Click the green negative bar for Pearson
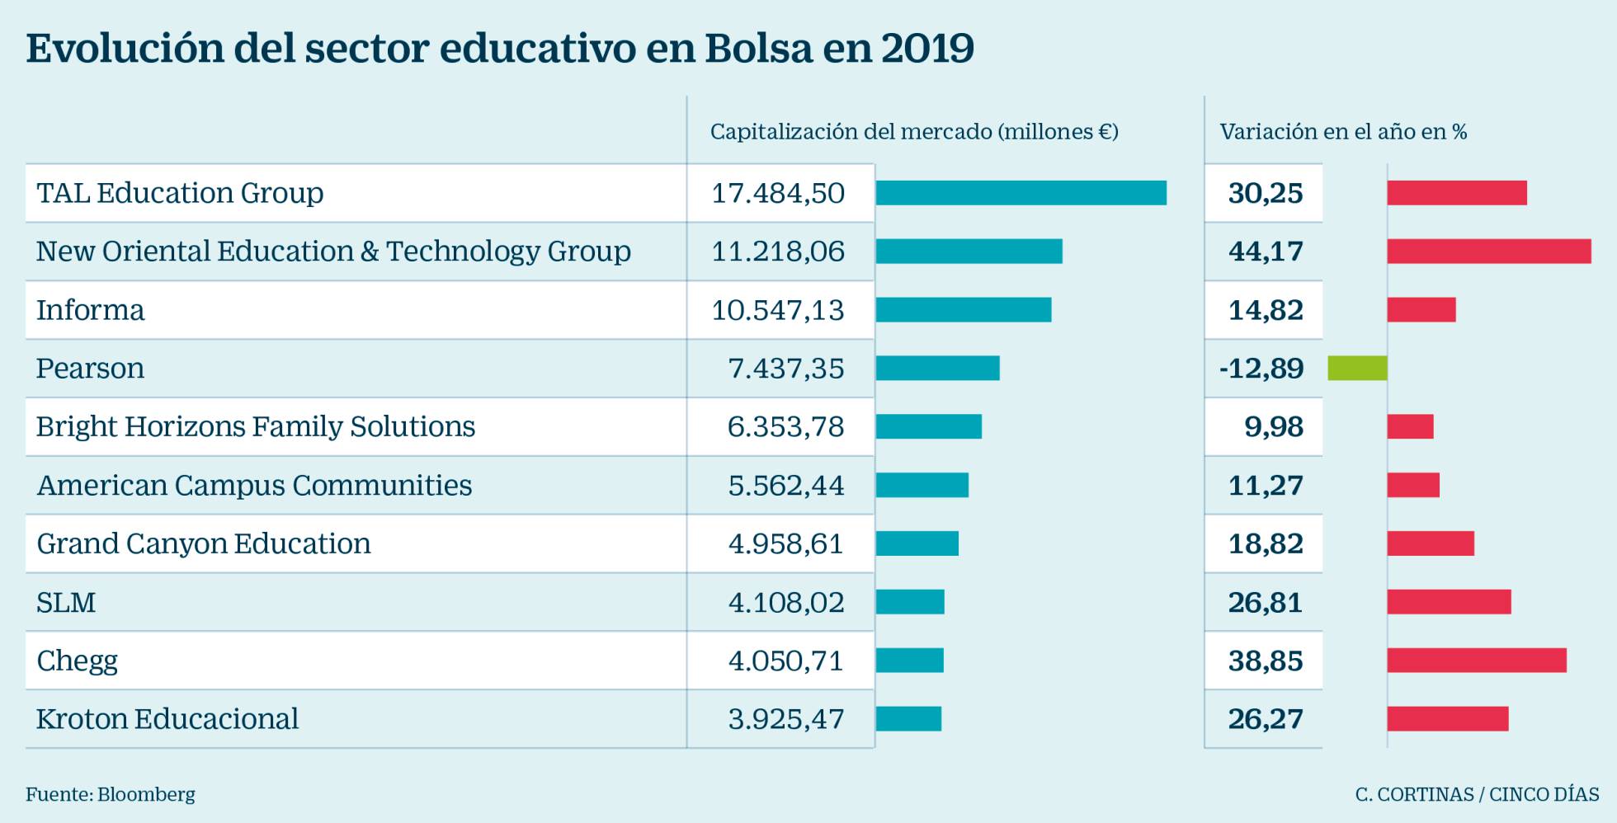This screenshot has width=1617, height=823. coord(1357,368)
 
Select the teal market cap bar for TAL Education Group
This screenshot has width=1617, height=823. coord(1021,193)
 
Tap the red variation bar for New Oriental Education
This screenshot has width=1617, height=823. coord(1488,251)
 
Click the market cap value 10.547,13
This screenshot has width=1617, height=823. coord(778,310)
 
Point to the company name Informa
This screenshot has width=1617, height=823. coord(91,310)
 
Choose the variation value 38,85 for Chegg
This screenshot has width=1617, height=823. coord(1266,661)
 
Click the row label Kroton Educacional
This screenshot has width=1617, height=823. coord(167,719)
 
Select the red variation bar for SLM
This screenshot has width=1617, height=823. coord(1449,602)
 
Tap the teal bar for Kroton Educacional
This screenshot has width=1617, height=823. coord(908,719)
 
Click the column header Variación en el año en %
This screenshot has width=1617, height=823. coord(1343,132)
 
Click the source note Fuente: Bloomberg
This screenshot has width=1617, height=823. coord(111,795)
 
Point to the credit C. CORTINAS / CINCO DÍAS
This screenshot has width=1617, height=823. coord(1477,795)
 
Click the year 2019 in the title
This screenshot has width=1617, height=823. coord(927,48)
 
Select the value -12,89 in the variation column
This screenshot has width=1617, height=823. coord(1261,368)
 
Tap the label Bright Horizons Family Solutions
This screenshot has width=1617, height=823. coord(256,426)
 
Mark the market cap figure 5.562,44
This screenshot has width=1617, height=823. coord(786,485)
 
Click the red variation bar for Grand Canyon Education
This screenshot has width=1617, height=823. coord(1431,543)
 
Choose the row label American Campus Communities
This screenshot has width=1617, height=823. coord(254,485)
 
